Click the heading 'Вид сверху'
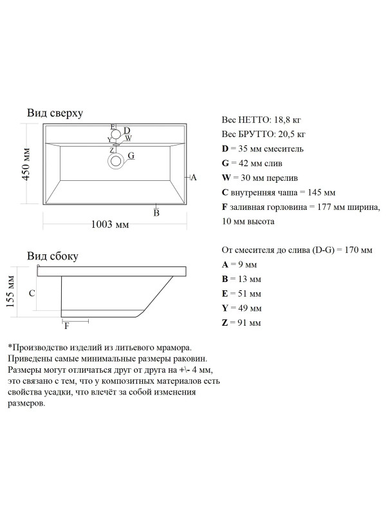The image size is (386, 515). [x=55, y=113]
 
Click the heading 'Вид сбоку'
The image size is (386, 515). [x=53, y=256]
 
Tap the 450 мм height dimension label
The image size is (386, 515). [x=26, y=164]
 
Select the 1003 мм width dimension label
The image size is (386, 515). [x=110, y=224]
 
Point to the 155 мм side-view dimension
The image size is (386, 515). [x=10, y=292]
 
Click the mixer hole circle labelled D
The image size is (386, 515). [x=116, y=134]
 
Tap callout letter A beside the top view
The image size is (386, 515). [x=194, y=178]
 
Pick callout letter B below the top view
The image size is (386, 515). [x=156, y=213]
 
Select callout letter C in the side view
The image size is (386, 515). [x=32, y=294]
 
